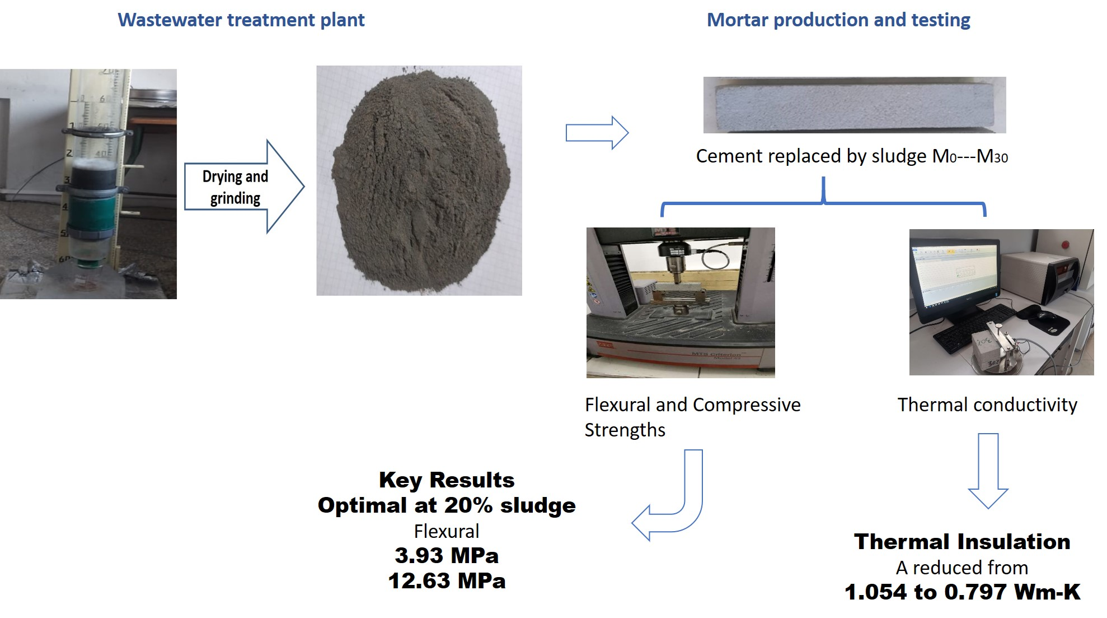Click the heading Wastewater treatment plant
[x=241, y=20]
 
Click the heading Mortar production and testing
[x=838, y=20]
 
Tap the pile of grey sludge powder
[x=420, y=179]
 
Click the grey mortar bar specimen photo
[x=854, y=105]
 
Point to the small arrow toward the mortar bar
[x=597, y=133]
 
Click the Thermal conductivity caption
[x=987, y=405]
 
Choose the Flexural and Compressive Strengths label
[x=692, y=417]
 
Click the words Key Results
[x=446, y=480]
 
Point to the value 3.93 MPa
[x=446, y=556]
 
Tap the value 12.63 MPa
[x=446, y=581]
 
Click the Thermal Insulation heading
[x=961, y=542]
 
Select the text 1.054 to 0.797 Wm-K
[x=961, y=592]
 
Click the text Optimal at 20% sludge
[x=446, y=505]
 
